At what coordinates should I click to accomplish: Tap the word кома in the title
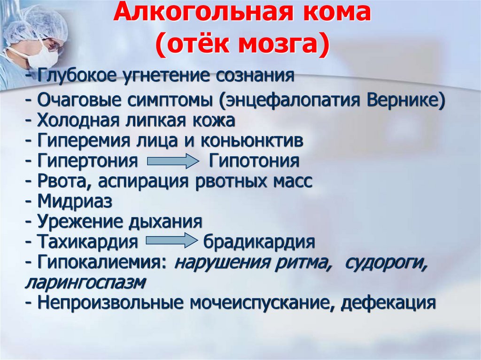tap(340, 16)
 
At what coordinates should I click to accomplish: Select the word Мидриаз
tap(75, 201)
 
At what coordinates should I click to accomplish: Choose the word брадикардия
tap(259, 242)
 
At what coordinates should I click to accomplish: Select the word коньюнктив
tap(252, 141)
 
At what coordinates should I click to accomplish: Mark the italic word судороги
tap(386, 263)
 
